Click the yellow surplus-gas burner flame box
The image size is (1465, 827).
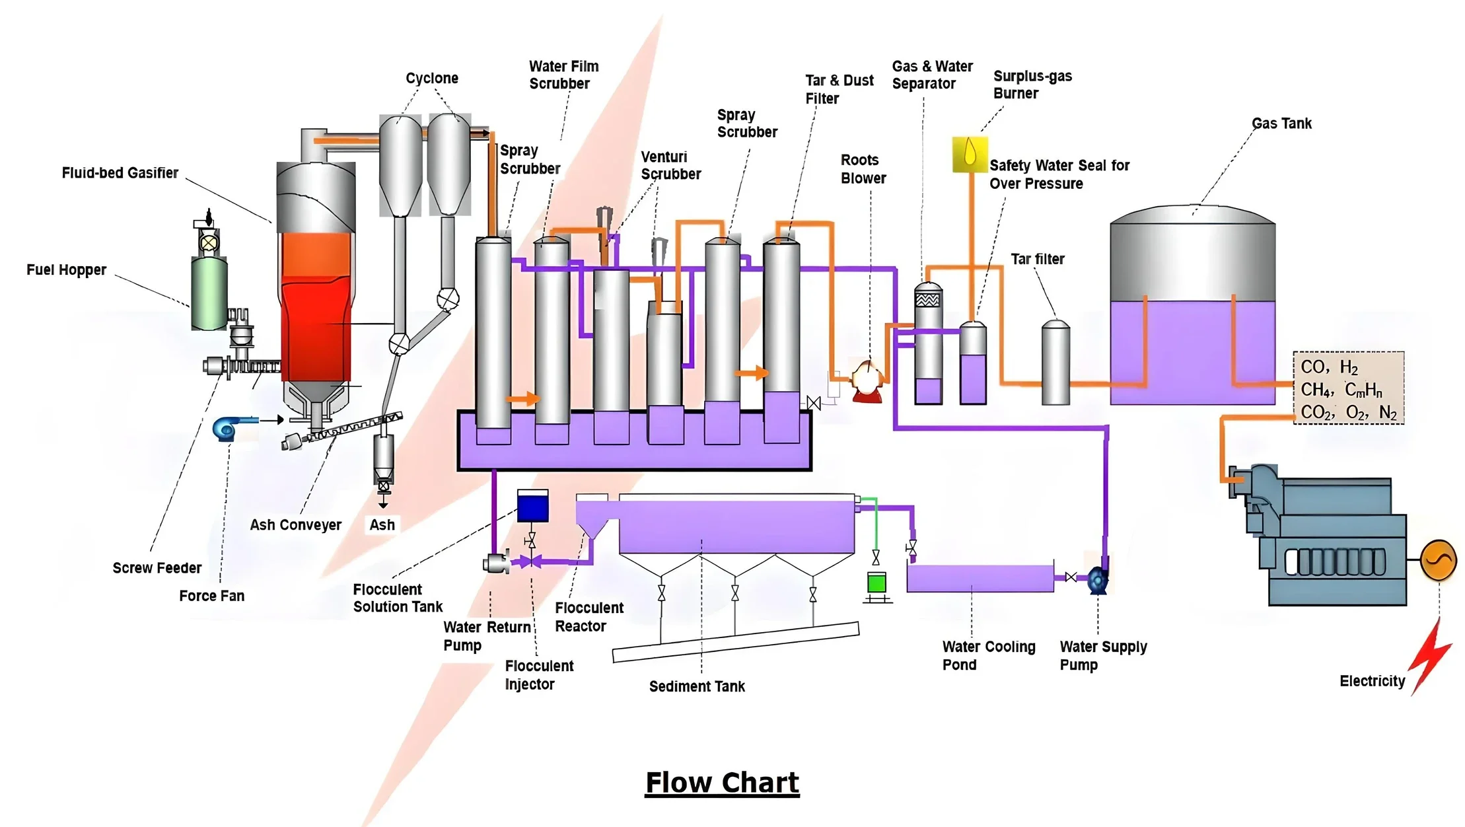coord(970,155)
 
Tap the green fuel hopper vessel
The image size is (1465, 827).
coord(209,294)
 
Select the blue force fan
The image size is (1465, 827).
coord(227,428)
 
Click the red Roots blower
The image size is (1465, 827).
coord(867,382)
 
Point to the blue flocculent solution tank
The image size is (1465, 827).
coord(532,507)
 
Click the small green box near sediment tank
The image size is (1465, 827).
coord(876,583)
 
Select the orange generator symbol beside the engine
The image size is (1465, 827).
coord(1439,560)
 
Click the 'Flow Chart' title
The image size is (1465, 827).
coord(722,783)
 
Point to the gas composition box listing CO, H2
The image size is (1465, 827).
coord(1348,388)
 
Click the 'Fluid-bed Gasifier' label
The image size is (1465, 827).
coord(120,173)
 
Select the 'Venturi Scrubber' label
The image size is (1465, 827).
coord(670,166)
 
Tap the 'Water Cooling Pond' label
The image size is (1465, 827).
coord(988,655)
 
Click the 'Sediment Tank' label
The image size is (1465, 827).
coord(697,686)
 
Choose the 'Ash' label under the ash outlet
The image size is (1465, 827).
coord(382,525)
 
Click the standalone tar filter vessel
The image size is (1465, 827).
coord(1055,363)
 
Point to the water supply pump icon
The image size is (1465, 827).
coord(1098,580)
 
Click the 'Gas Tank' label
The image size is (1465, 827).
coord(1281,124)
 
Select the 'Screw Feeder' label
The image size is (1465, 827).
coord(157,568)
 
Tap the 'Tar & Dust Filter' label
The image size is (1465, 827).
coord(839,89)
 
